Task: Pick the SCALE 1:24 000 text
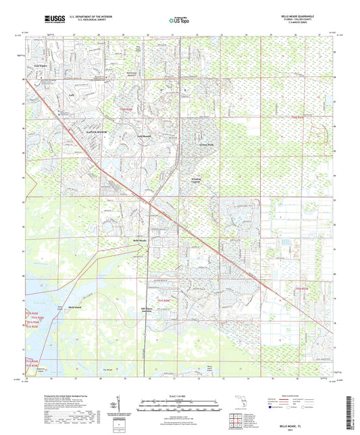180,396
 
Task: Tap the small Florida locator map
243,406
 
